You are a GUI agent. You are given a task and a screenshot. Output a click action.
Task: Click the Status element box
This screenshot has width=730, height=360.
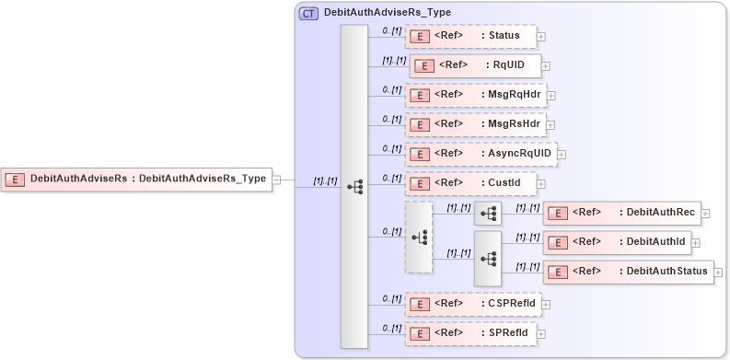(470, 37)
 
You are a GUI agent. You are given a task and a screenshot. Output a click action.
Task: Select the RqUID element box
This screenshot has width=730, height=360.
(475, 66)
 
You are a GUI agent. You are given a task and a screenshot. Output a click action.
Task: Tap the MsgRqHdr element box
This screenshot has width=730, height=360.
(476, 95)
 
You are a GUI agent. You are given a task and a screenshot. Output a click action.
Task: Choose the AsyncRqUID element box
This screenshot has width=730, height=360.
(481, 154)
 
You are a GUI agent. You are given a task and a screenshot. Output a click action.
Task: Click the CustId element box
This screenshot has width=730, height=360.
(470, 183)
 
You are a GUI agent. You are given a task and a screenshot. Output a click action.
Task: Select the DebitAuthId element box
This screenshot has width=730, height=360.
(616, 242)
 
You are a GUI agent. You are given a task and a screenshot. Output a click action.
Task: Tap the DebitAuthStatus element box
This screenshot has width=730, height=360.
(627, 272)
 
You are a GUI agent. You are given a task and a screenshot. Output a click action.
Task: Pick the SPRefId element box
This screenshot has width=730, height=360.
(470, 332)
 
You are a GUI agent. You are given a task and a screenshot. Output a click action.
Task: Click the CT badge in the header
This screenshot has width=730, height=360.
(308, 14)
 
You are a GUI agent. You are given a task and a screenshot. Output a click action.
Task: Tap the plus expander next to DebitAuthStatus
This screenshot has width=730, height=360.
(718, 273)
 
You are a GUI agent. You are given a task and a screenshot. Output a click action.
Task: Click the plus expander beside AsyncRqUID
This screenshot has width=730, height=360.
(562, 155)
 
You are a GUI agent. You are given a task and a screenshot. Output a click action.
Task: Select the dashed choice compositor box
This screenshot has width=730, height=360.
(419, 238)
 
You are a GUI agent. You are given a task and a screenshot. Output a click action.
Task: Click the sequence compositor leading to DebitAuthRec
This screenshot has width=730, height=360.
(488, 214)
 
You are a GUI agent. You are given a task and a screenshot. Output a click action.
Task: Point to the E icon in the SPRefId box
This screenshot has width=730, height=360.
(419, 332)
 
